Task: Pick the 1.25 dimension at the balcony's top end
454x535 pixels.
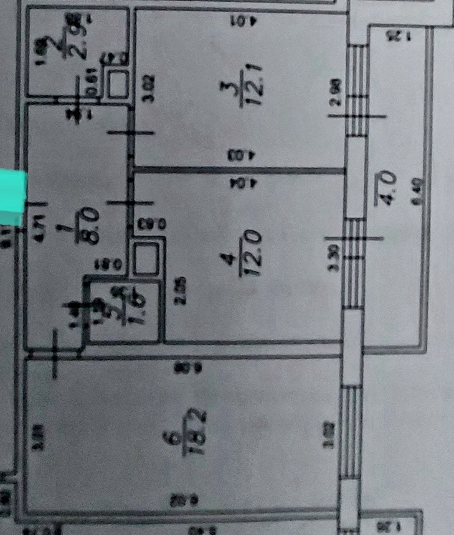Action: point(398,35)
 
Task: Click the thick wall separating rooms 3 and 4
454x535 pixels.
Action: point(238,170)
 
